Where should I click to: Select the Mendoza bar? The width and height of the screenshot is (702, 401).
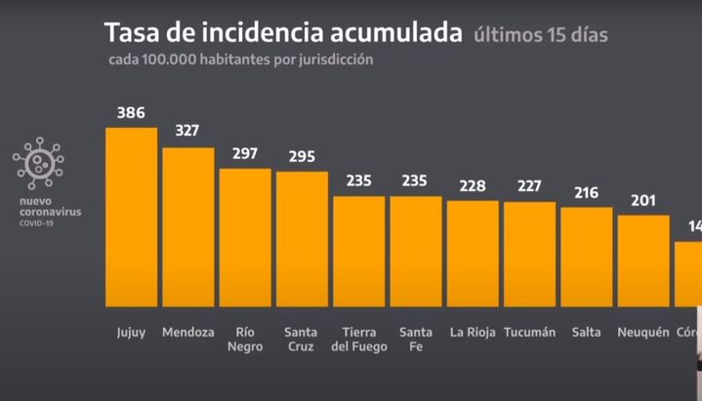click(x=187, y=227)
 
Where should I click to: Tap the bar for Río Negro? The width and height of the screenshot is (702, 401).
click(x=244, y=238)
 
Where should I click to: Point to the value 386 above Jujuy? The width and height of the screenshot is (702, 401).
click(x=131, y=112)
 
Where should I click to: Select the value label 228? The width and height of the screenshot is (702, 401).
click(x=473, y=185)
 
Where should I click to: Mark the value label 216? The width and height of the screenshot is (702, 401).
click(x=587, y=192)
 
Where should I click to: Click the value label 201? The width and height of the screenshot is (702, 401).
click(x=643, y=200)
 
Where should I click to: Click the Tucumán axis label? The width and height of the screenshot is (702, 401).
click(x=529, y=332)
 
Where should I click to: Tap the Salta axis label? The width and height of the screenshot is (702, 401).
click(x=587, y=332)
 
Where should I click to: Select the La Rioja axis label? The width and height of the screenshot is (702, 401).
click(x=473, y=332)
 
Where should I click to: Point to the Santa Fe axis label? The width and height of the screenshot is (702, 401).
click(x=415, y=339)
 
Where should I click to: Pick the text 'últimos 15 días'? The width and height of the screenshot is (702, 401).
click(x=540, y=35)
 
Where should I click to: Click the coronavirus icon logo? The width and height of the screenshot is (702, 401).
click(x=38, y=163)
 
